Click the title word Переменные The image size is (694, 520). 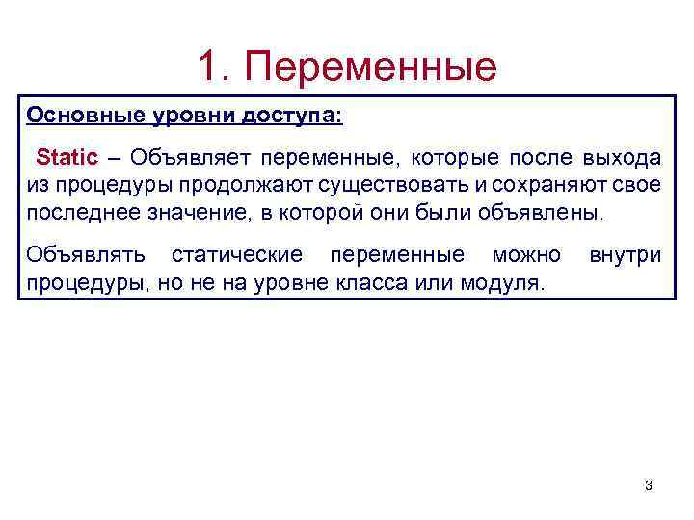[x=371, y=67]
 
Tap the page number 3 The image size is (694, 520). [x=648, y=485]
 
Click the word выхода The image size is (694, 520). [x=623, y=157]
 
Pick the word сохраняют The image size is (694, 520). [x=555, y=184]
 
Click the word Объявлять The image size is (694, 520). [x=87, y=255]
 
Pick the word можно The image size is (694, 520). [x=526, y=255]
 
